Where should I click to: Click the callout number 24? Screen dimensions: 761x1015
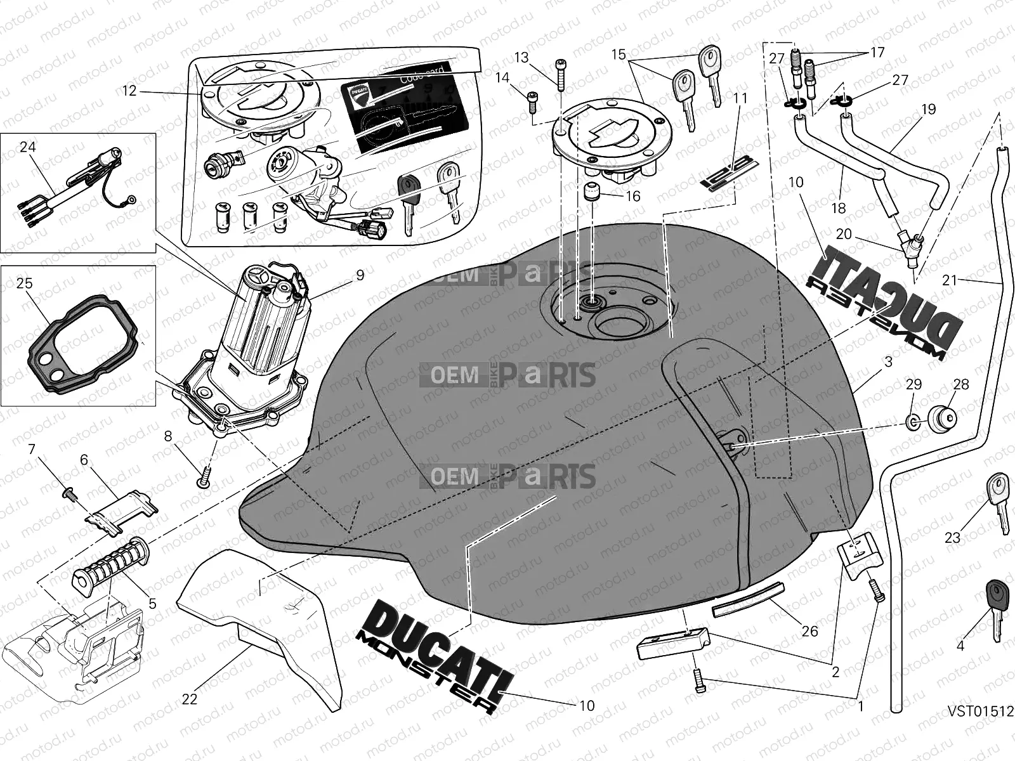coord(27,147)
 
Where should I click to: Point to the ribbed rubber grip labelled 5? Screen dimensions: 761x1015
coord(109,561)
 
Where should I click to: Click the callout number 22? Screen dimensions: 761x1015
coord(190,699)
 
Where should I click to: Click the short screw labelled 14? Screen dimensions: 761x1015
coord(532,102)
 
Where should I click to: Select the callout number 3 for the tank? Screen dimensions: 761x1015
coord(888,362)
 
